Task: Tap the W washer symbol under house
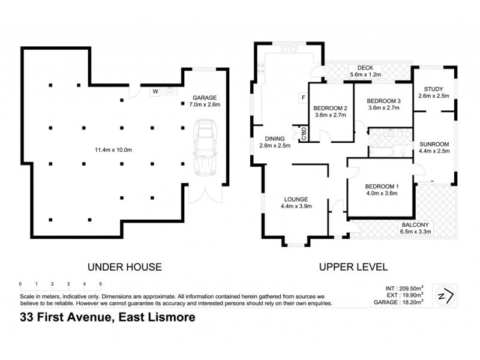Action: [154, 92]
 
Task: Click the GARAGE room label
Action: [204, 98]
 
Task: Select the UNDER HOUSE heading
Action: [125, 267]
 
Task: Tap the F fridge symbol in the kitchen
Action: [304, 98]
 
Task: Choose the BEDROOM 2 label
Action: [331, 108]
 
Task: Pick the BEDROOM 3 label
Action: [383, 100]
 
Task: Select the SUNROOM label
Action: [434, 145]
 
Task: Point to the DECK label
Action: [365, 68]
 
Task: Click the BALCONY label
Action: [415, 225]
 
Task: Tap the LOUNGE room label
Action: [296, 199]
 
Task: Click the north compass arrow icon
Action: [446, 295]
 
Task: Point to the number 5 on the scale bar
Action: [100, 283]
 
